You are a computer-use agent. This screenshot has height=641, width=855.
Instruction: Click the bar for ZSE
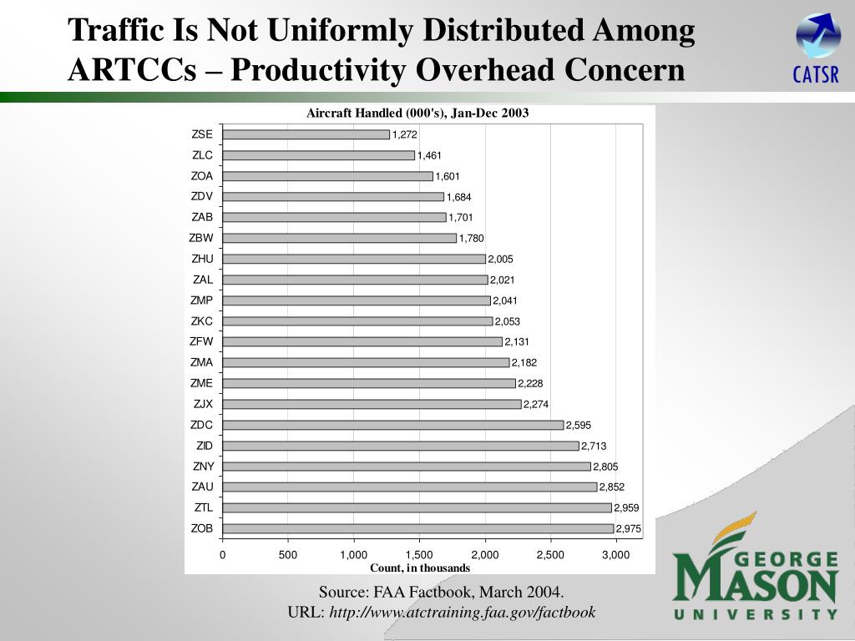(306, 134)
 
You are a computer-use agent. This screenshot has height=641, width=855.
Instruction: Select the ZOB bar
(418, 528)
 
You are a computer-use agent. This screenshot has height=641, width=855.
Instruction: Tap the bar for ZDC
(393, 425)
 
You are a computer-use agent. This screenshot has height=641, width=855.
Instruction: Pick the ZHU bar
(354, 259)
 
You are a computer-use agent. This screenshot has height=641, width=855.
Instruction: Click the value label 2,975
(629, 528)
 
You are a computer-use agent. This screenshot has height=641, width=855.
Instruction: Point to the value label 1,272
(405, 135)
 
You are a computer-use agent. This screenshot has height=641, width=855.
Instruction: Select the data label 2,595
(579, 426)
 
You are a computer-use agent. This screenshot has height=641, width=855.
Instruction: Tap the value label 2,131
(517, 342)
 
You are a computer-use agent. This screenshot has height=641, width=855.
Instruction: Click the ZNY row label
(203, 466)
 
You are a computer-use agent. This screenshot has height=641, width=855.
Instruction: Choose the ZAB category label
(202, 217)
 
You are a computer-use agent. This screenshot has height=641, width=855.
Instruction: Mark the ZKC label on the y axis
(202, 320)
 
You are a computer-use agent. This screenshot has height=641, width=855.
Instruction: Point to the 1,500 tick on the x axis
(419, 555)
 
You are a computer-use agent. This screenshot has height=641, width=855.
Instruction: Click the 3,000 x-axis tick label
(615, 555)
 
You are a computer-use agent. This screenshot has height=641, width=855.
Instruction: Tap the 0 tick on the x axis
(223, 555)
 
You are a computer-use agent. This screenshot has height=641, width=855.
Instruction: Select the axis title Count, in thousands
(420, 568)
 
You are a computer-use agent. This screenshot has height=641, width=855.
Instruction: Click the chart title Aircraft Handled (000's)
(417, 113)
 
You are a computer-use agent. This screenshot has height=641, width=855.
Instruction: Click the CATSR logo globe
(817, 36)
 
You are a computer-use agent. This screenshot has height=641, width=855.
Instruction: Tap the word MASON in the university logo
(755, 583)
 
